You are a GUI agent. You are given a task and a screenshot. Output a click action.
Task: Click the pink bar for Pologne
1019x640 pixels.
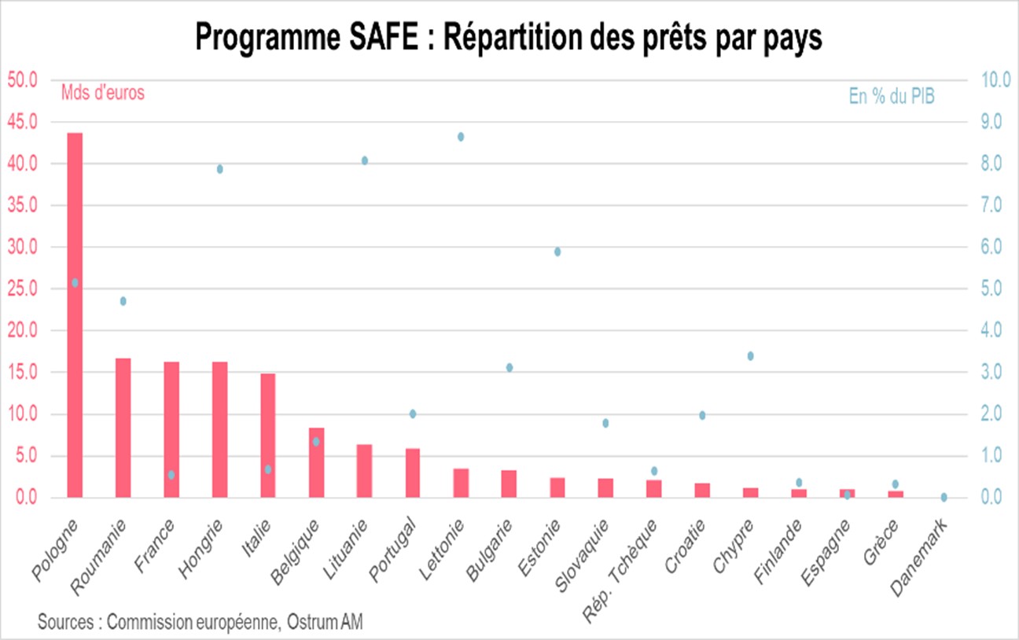click(75, 314)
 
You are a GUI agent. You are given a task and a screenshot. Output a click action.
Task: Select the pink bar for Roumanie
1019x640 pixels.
click(123, 428)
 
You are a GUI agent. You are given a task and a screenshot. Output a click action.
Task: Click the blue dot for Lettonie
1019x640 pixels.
click(461, 137)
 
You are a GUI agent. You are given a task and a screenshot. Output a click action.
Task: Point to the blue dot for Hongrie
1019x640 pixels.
click(220, 169)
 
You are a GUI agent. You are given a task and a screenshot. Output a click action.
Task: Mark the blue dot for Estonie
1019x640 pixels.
click(557, 252)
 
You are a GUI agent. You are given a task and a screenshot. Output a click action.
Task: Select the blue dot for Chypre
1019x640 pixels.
click(750, 356)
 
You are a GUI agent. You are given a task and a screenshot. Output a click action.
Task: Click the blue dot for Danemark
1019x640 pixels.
click(944, 497)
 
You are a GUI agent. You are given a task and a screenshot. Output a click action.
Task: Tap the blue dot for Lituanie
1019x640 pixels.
click(365, 160)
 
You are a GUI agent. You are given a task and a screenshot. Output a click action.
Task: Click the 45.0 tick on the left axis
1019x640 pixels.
click(22, 122)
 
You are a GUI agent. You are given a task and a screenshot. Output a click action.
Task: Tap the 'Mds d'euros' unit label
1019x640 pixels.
click(102, 93)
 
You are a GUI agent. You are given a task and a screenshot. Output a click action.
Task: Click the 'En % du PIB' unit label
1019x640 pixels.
click(892, 97)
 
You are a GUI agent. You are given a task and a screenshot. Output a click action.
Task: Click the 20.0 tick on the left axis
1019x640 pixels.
click(22, 331)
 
